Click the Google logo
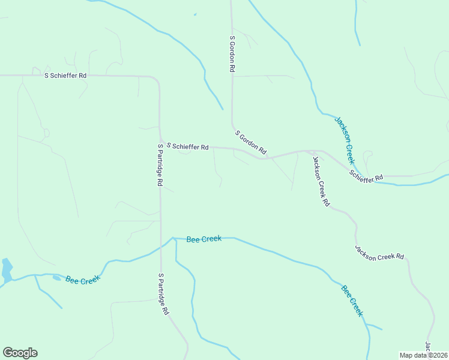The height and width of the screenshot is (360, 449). [20, 353]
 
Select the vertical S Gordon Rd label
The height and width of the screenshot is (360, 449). [232, 54]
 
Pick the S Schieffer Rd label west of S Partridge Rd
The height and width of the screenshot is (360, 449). [65, 76]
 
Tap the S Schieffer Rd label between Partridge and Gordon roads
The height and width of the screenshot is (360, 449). [187, 146]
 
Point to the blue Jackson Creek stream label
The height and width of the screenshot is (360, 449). [345, 140]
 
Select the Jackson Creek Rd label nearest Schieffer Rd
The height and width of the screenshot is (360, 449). [321, 181]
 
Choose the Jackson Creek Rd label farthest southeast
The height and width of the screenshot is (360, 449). [379, 253]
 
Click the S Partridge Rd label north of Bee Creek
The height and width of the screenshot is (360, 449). [160, 164]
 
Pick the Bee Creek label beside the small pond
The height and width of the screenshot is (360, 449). [83, 280]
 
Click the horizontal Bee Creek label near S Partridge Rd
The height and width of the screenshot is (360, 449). [204, 239]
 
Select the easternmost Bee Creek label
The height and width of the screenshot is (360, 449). [352, 301]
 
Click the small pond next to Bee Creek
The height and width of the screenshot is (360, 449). [56, 277]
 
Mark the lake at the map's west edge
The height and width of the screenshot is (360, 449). [7, 271]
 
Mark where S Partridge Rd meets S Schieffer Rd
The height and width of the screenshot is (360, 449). [160, 139]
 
